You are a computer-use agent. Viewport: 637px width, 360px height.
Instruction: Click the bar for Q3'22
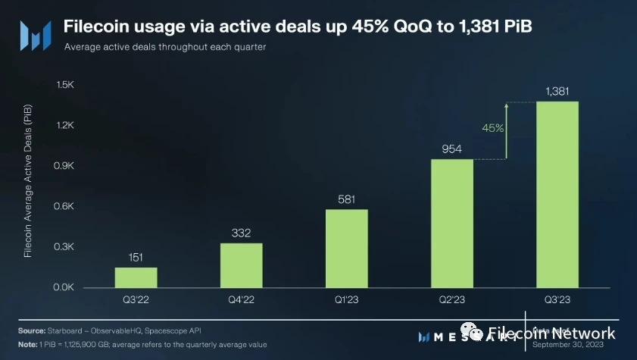click(136, 277)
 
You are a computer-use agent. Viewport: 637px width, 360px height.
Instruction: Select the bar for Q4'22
click(242, 265)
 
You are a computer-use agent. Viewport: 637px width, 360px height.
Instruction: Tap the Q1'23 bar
click(347, 249)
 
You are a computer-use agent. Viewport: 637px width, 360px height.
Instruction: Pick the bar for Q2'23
click(452, 224)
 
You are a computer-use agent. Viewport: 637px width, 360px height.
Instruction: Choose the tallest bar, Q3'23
click(557, 195)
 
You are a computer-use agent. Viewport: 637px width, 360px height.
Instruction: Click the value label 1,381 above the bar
click(557, 92)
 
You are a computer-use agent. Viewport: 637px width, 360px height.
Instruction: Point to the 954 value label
click(452, 149)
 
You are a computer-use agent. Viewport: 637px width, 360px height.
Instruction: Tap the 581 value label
click(347, 199)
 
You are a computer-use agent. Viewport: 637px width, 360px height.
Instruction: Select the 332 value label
click(242, 233)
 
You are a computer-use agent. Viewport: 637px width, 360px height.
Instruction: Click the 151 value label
click(136, 258)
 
